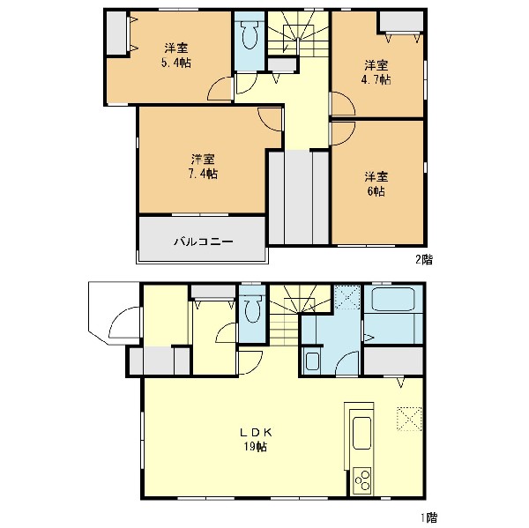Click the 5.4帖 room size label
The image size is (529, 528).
176,63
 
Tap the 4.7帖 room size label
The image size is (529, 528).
376,80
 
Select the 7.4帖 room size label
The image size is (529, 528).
203,174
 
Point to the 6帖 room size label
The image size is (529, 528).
376,191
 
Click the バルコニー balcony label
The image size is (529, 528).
204,242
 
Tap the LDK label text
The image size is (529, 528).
256,432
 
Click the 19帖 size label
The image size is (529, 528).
256,447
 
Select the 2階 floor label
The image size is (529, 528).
423,259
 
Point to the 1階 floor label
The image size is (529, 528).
428,517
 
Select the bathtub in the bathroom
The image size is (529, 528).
392,299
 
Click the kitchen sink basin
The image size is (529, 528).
361,433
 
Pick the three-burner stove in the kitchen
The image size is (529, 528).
362,480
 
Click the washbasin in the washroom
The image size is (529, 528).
312,361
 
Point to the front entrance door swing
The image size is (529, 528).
124,323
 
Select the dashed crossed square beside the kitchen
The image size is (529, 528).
410,419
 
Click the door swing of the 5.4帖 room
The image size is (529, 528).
220,89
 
